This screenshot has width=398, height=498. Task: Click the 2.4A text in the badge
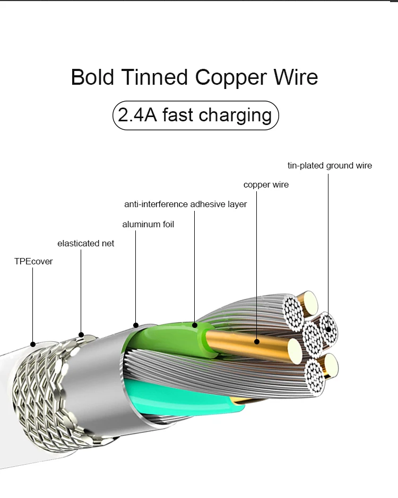[137, 115]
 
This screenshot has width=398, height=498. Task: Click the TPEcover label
[33, 261]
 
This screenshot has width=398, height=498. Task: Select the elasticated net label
[85, 243]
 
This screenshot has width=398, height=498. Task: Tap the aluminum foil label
[148, 224]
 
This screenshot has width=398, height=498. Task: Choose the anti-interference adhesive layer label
[185, 204]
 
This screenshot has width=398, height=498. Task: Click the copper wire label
[266, 185]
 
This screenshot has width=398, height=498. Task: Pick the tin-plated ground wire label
[330, 165]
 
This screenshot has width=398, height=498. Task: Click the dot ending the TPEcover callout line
[33, 344]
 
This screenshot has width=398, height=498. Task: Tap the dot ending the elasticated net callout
[81, 334]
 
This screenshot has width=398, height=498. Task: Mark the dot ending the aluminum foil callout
[136, 325]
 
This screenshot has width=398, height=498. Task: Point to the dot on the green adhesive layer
[195, 325]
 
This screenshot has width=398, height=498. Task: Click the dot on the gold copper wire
[257, 342]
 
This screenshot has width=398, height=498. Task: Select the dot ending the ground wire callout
[328, 329]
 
